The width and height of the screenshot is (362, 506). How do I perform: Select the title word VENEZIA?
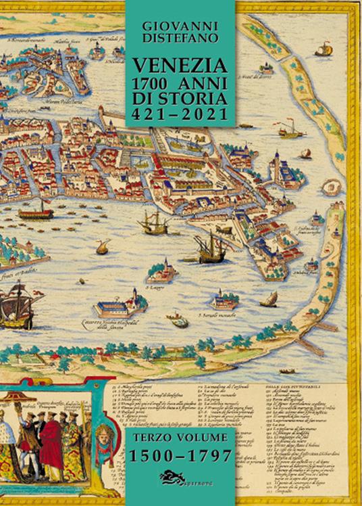pos(180,67)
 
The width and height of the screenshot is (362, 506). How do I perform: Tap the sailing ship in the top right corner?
pos(324,49)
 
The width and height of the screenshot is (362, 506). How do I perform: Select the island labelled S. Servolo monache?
pos(223,300)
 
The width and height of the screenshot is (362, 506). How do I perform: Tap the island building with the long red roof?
pos(120,307)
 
